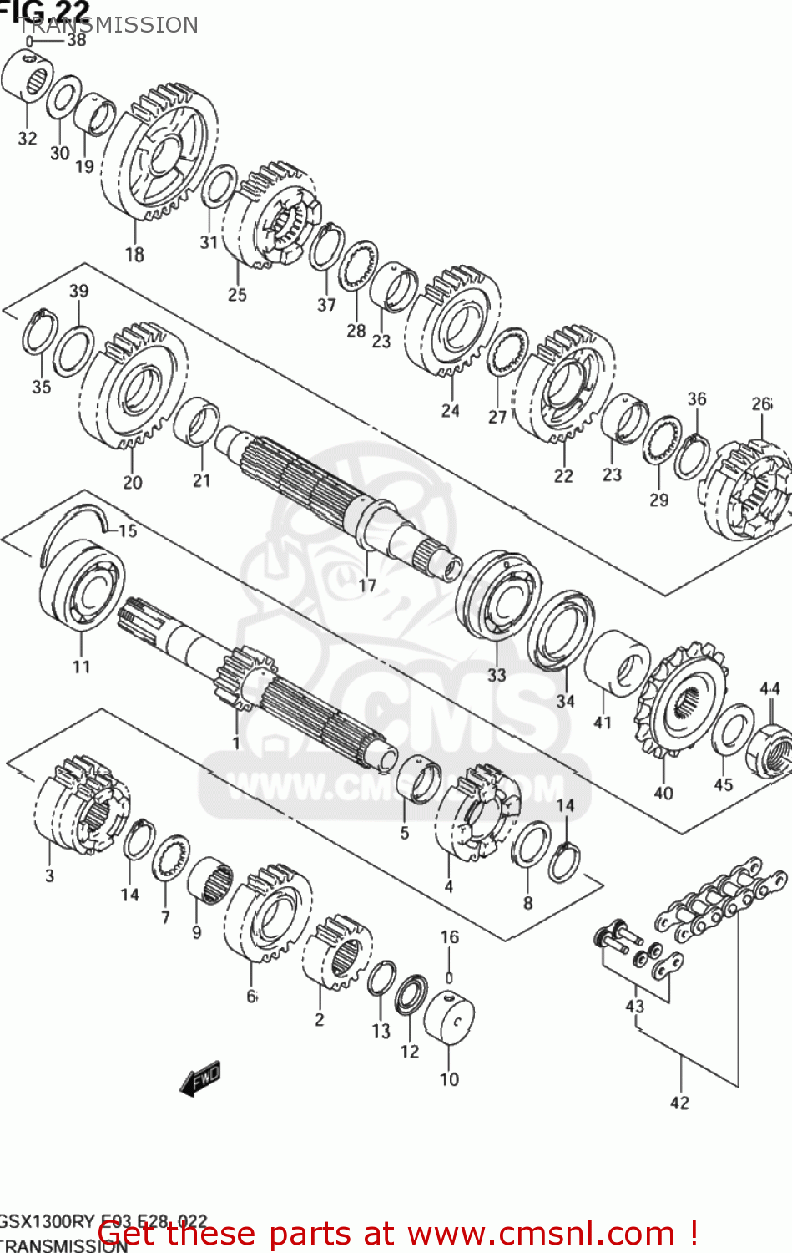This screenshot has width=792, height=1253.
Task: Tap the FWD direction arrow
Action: pos(200,1078)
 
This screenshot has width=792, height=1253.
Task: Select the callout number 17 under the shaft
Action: pos(367,586)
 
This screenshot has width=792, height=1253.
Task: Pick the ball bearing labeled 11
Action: pos(82,585)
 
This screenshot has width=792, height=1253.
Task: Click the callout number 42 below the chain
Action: pos(679,1103)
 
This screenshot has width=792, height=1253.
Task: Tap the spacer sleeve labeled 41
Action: pos(618,663)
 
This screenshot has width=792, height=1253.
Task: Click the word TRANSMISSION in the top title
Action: pos(108,25)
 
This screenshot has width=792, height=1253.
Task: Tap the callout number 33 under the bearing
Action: pos(497,674)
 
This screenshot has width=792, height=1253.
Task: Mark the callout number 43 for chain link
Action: pos(635,1006)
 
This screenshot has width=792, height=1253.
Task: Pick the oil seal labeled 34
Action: pos(561,631)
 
